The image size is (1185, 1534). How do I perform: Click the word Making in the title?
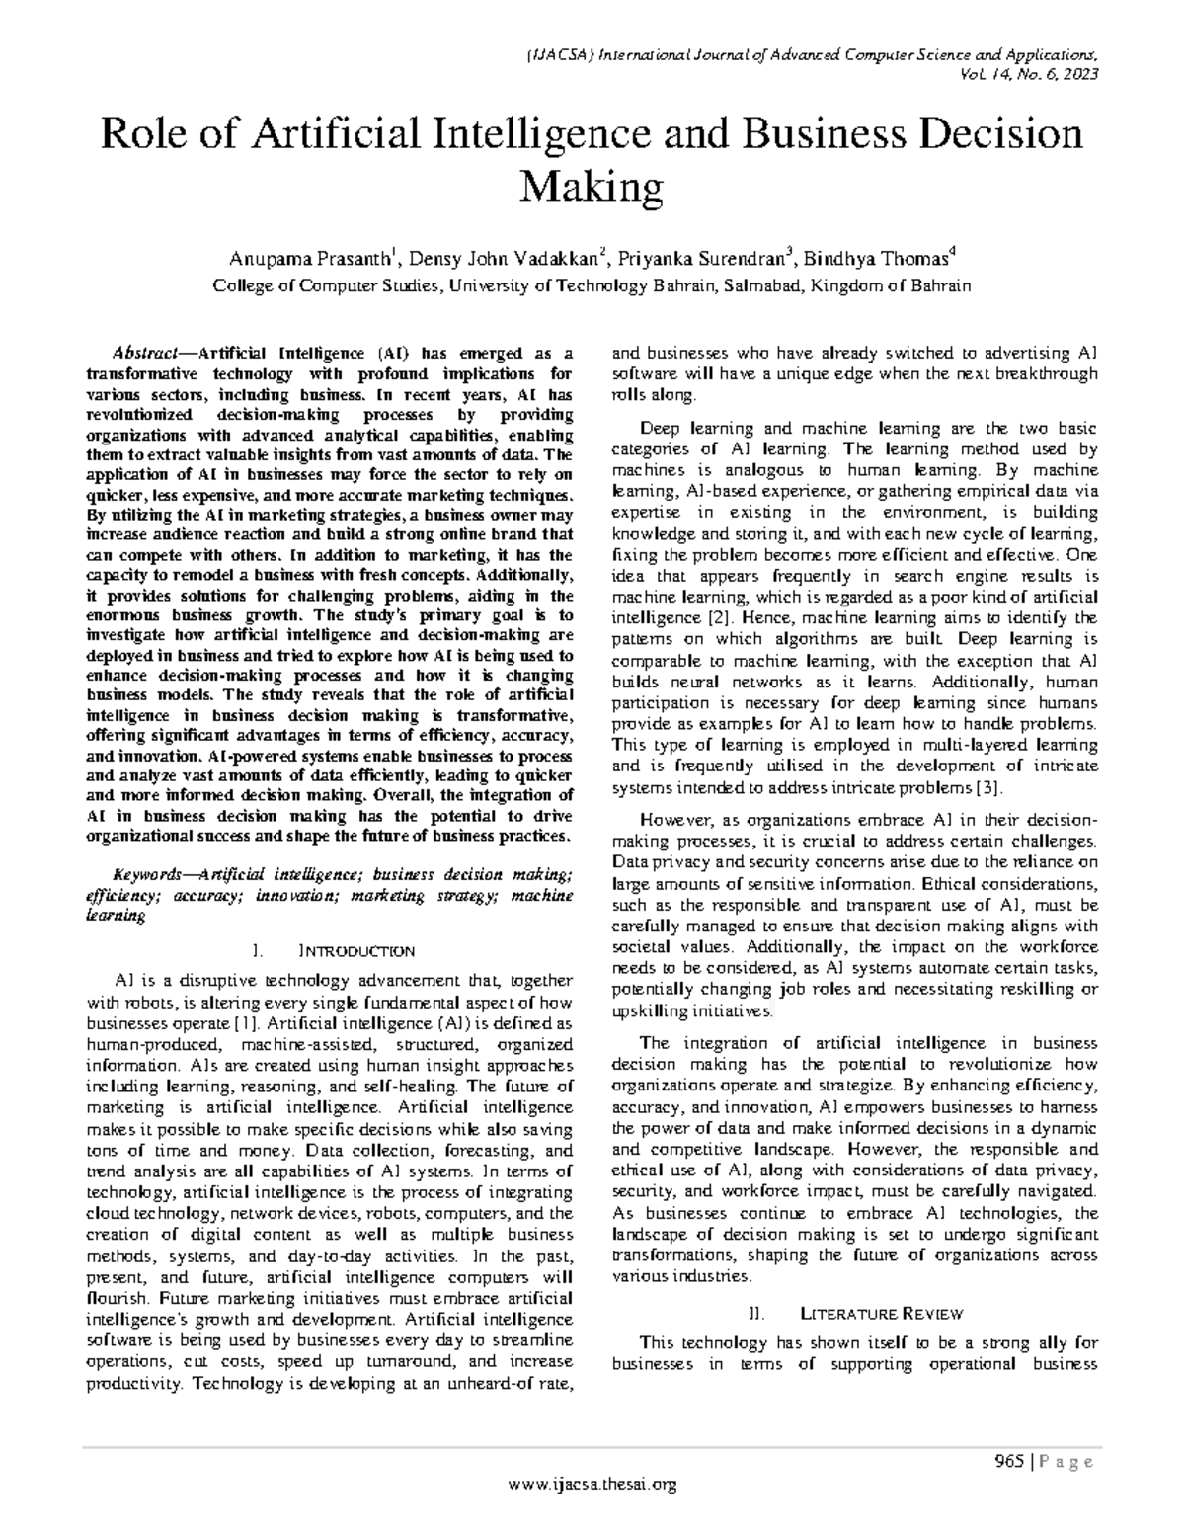(592, 186)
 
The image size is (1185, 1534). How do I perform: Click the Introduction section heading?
(356, 951)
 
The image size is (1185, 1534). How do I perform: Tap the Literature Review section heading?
(881, 1314)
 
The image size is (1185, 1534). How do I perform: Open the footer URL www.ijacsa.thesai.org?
(592, 1484)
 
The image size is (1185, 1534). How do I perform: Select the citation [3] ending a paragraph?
(989, 787)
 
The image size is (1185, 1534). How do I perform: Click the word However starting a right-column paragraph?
(673, 820)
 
